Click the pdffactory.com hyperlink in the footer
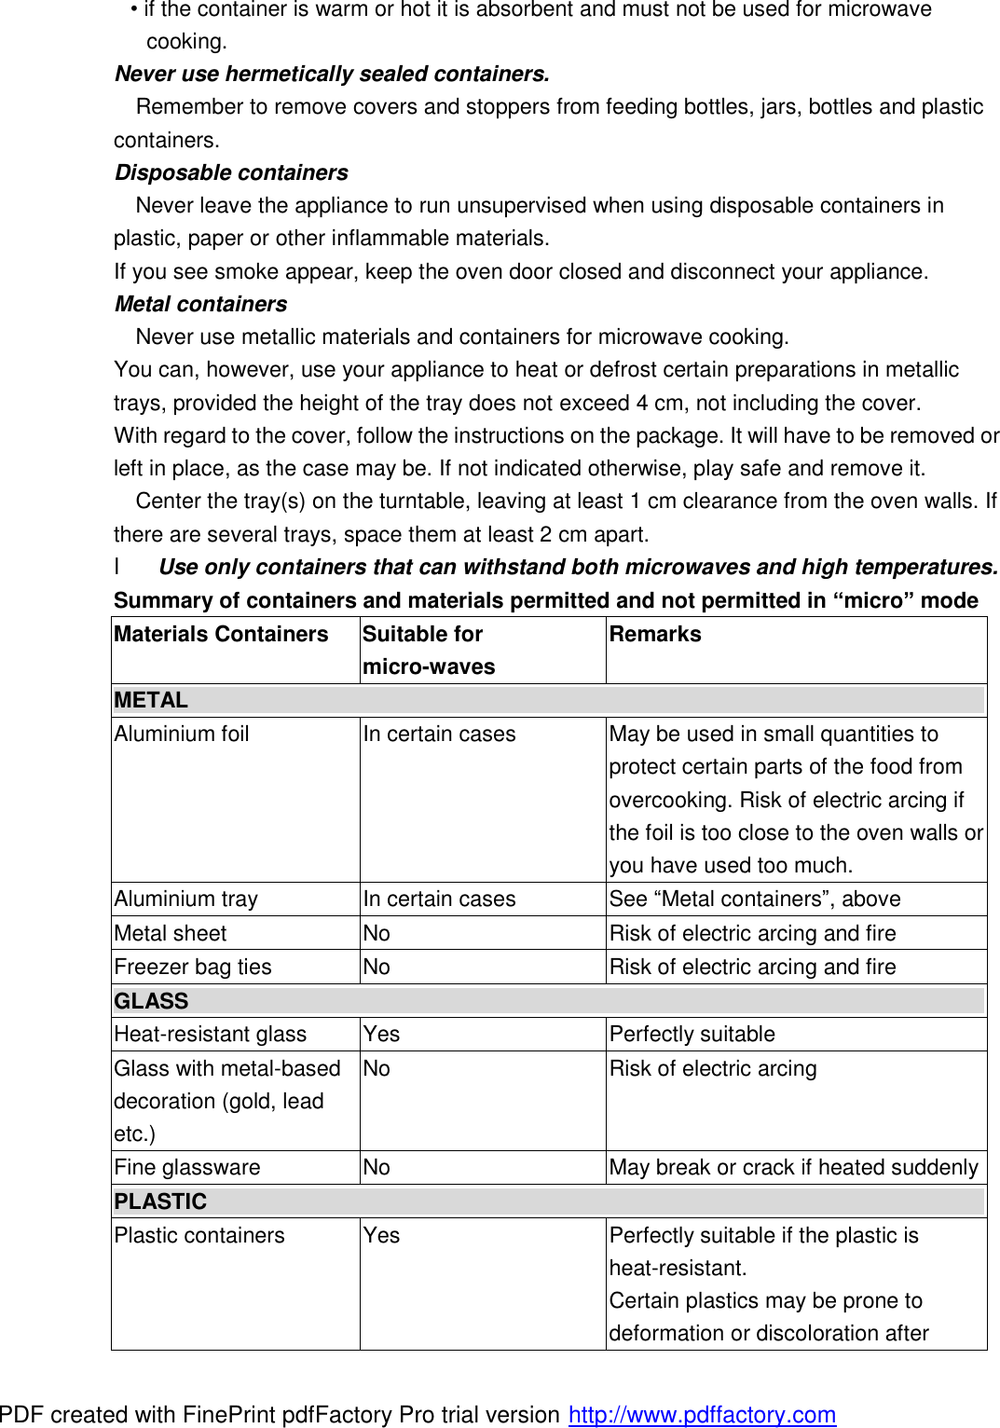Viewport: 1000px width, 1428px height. (x=702, y=1414)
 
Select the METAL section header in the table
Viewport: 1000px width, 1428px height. (x=151, y=700)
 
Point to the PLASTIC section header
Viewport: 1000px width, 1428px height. (x=160, y=1201)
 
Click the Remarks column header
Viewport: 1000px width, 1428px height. (x=655, y=634)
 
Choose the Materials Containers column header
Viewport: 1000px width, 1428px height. (x=221, y=634)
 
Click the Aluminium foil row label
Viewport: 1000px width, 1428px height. (x=182, y=734)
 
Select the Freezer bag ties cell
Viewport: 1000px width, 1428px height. (x=193, y=967)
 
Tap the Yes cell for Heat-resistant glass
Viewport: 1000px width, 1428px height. (x=381, y=1034)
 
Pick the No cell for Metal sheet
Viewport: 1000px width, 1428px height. (x=377, y=933)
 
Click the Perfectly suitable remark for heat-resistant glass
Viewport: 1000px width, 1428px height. (x=692, y=1034)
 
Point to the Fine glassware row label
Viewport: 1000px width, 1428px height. (x=187, y=1167)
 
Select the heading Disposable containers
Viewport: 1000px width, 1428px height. (x=231, y=172)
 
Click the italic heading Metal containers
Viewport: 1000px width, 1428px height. (x=200, y=304)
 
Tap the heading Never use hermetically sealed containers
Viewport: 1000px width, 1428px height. (x=332, y=74)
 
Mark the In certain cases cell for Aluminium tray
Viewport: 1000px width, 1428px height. (x=439, y=899)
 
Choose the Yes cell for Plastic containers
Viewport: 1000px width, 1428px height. (x=381, y=1235)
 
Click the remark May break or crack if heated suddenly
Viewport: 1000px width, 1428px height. (x=793, y=1167)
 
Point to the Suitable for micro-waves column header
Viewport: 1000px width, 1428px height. (x=429, y=650)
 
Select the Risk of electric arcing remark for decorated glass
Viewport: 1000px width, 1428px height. (x=713, y=1068)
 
